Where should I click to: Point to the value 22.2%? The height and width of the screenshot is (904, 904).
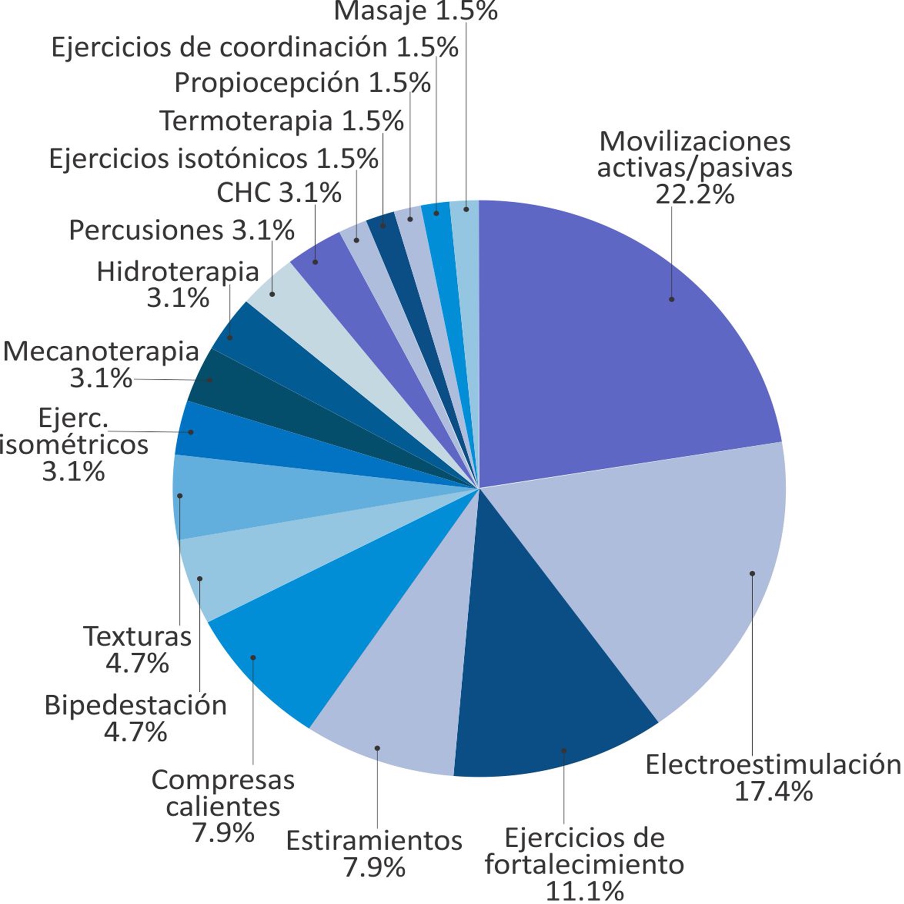pyautogui.click(x=694, y=194)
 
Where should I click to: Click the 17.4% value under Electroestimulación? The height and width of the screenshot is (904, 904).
pyautogui.click(x=773, y=791)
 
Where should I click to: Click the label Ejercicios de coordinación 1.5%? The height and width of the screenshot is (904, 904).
pyautogui.click(x=254, y=47)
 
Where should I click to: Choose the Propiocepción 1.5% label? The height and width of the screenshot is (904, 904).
pyautogui.click(x=302, y=83)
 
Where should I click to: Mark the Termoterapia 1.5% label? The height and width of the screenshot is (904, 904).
pyautogui.click(x=281, y=121)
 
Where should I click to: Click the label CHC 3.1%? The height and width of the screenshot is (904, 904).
pyautogui.click(x=278, y=192)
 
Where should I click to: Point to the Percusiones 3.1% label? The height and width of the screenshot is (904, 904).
pyautogui.click(x=181, y=230)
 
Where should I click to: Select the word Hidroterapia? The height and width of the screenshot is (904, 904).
pyautogui.click(x=177, y=272)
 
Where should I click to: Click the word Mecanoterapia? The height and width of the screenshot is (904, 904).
pyautogui.click(x=101, y=351)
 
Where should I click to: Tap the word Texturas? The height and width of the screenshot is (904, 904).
pyautogui.click(x=137, y=636)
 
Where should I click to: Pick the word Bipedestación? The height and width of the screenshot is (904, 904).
pyautogui.click(x=135, y=705)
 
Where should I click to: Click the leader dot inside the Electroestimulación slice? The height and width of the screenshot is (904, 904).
pyautogui.click(x=752, y=573)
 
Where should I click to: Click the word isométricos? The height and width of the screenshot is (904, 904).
pyautogui.click(x=74, y=445)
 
